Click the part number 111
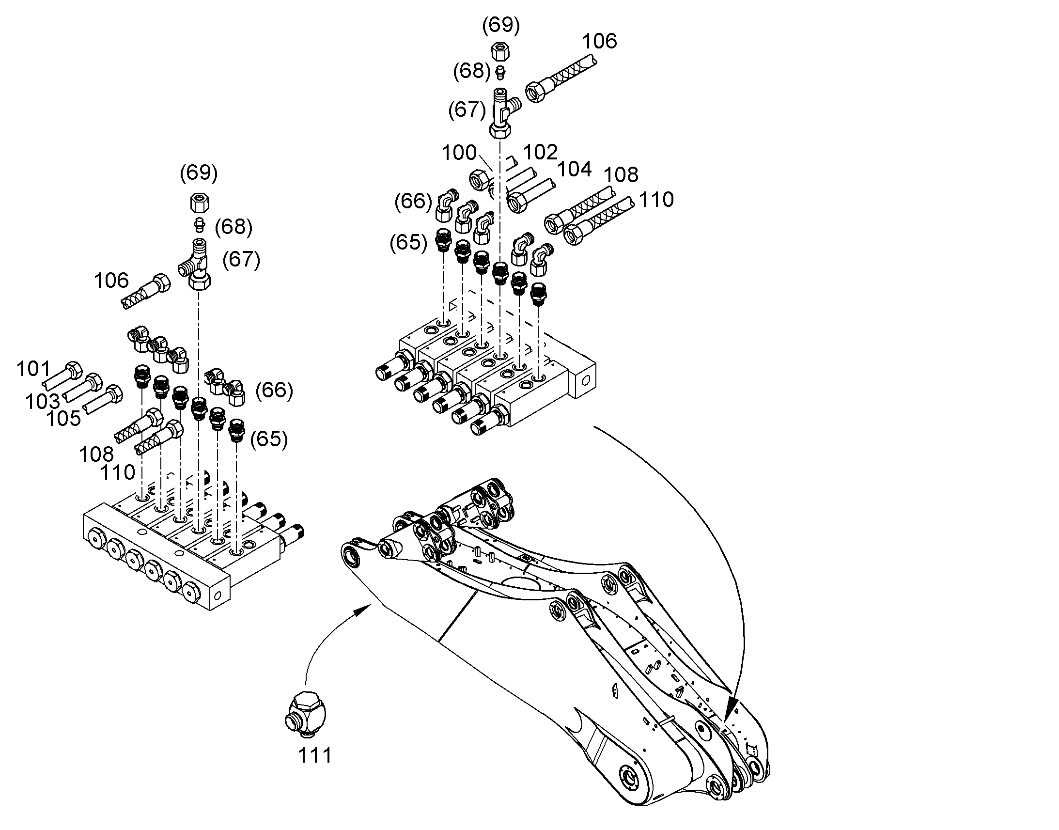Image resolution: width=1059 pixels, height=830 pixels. click(315, 756)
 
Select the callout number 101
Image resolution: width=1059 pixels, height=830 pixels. click(33, 369)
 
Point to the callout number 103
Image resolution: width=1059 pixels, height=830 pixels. click(43, 401)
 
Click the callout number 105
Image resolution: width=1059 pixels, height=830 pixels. click(63, 419)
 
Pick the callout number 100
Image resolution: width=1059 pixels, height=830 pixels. click(459, 153)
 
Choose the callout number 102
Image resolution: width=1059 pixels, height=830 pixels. click(540, 153)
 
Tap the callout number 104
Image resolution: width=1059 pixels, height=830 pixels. click(575, 170)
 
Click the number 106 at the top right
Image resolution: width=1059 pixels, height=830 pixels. click(599, 41)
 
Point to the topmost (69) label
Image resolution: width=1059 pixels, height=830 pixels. click(501, 25)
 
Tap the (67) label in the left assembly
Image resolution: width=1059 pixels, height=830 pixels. click(241, 260)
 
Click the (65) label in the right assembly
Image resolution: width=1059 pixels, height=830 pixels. click(408, 242)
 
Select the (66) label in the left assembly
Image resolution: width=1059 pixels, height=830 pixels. click(275, 390)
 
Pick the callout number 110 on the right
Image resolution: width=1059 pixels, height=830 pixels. click(656, 200)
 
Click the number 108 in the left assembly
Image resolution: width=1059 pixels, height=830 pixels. click(96, 454)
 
